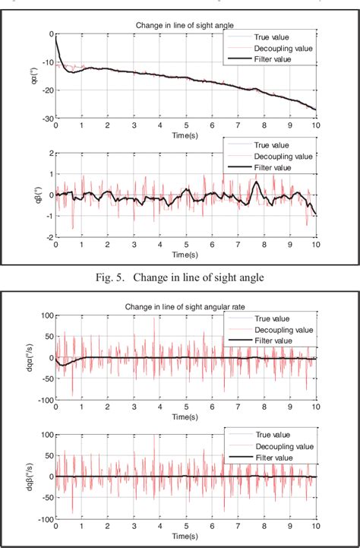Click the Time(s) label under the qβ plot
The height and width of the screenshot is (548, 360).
[185, 254]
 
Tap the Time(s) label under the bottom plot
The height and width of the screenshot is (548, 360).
[185, 537]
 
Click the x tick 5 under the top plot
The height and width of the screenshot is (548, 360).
[185, 126]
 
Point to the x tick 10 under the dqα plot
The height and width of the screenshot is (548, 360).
[315, 407]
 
